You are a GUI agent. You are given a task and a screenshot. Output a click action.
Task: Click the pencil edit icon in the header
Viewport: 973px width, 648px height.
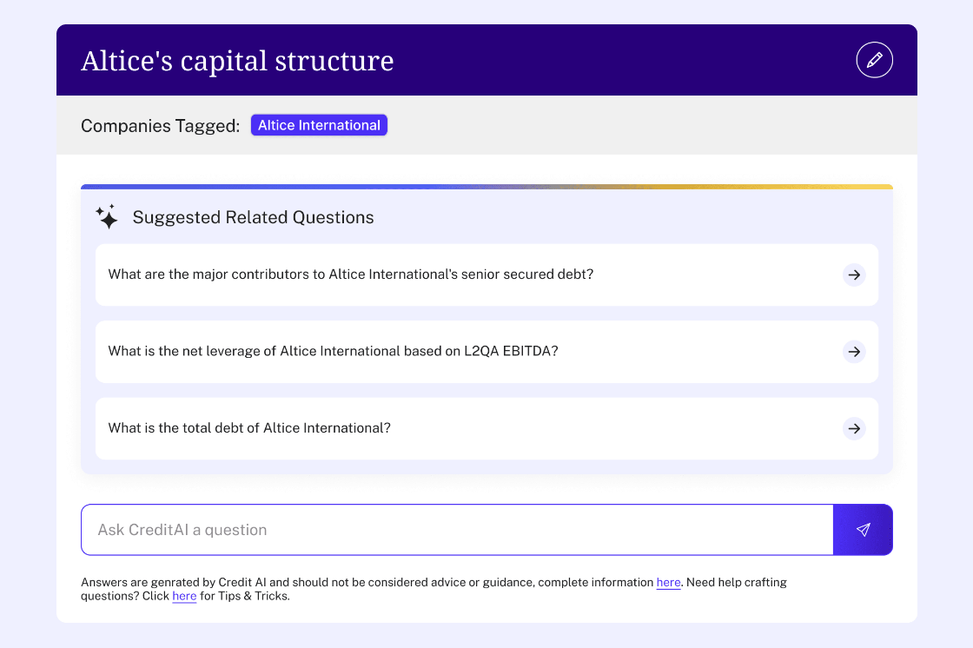click(x=874, y=60)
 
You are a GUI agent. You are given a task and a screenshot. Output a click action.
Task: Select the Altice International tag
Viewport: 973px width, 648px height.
click(x=319, y=125)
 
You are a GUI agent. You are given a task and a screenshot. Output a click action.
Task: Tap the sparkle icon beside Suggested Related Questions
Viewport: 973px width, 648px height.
click(x=107, y=217)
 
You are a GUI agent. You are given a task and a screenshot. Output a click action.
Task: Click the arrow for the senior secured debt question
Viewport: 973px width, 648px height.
click(x=854, y=274)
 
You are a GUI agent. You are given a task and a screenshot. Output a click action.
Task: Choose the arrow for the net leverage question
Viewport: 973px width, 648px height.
click(x=854, y=352)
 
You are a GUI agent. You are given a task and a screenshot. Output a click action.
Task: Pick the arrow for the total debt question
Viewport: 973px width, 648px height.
click(x=854, y=428)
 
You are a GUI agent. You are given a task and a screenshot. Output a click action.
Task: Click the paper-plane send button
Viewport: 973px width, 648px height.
click(x=863, y=530)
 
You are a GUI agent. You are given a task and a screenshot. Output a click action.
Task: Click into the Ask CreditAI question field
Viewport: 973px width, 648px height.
click(x=456, y=530)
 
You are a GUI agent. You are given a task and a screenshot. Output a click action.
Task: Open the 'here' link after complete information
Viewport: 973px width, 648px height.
click(x=668, y=583)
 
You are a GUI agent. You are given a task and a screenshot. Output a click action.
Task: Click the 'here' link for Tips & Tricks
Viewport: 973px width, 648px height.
click(x=184, y=597)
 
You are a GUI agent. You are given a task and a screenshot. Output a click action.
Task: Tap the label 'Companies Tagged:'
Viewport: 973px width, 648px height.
click(x=160, y=126)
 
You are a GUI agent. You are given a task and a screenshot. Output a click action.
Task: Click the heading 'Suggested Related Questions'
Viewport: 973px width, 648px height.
click(x=253, y=217)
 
